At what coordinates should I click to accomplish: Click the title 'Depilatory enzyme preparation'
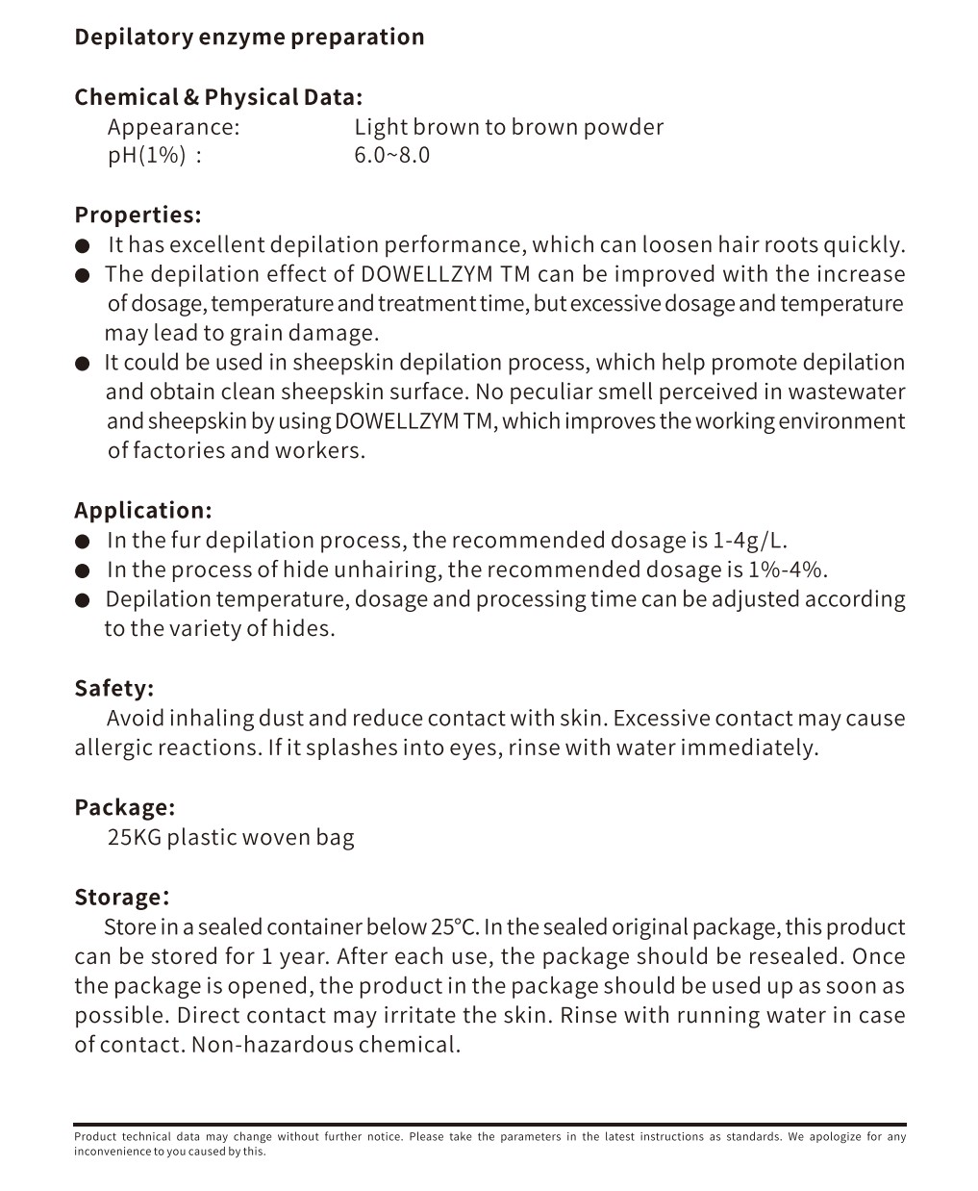[x=249, y=38]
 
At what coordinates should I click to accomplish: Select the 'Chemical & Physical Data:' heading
[x=218, y=97]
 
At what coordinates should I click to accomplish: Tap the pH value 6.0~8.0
[x=391, y=156]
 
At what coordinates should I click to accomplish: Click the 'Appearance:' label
[x=173, y=127]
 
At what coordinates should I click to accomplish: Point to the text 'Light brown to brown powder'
[x=509, y=127]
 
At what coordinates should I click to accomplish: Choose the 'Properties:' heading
[x=138, y=215]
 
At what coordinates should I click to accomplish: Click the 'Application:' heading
[x=142, y=510]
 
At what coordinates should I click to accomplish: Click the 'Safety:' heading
[x=113, y=689]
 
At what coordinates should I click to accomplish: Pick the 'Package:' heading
[x=124, y=807]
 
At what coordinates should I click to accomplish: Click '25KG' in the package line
[x=134, y=837]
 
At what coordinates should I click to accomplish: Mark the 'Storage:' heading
[x=121, y=898]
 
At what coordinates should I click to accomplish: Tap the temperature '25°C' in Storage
[x=454, y=927]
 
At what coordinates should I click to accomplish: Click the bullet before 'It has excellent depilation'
[x=84, y=246]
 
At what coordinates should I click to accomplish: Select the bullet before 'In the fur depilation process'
[x=84, y=542]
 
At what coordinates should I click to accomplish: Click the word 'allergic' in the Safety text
[x=113, y=748]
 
